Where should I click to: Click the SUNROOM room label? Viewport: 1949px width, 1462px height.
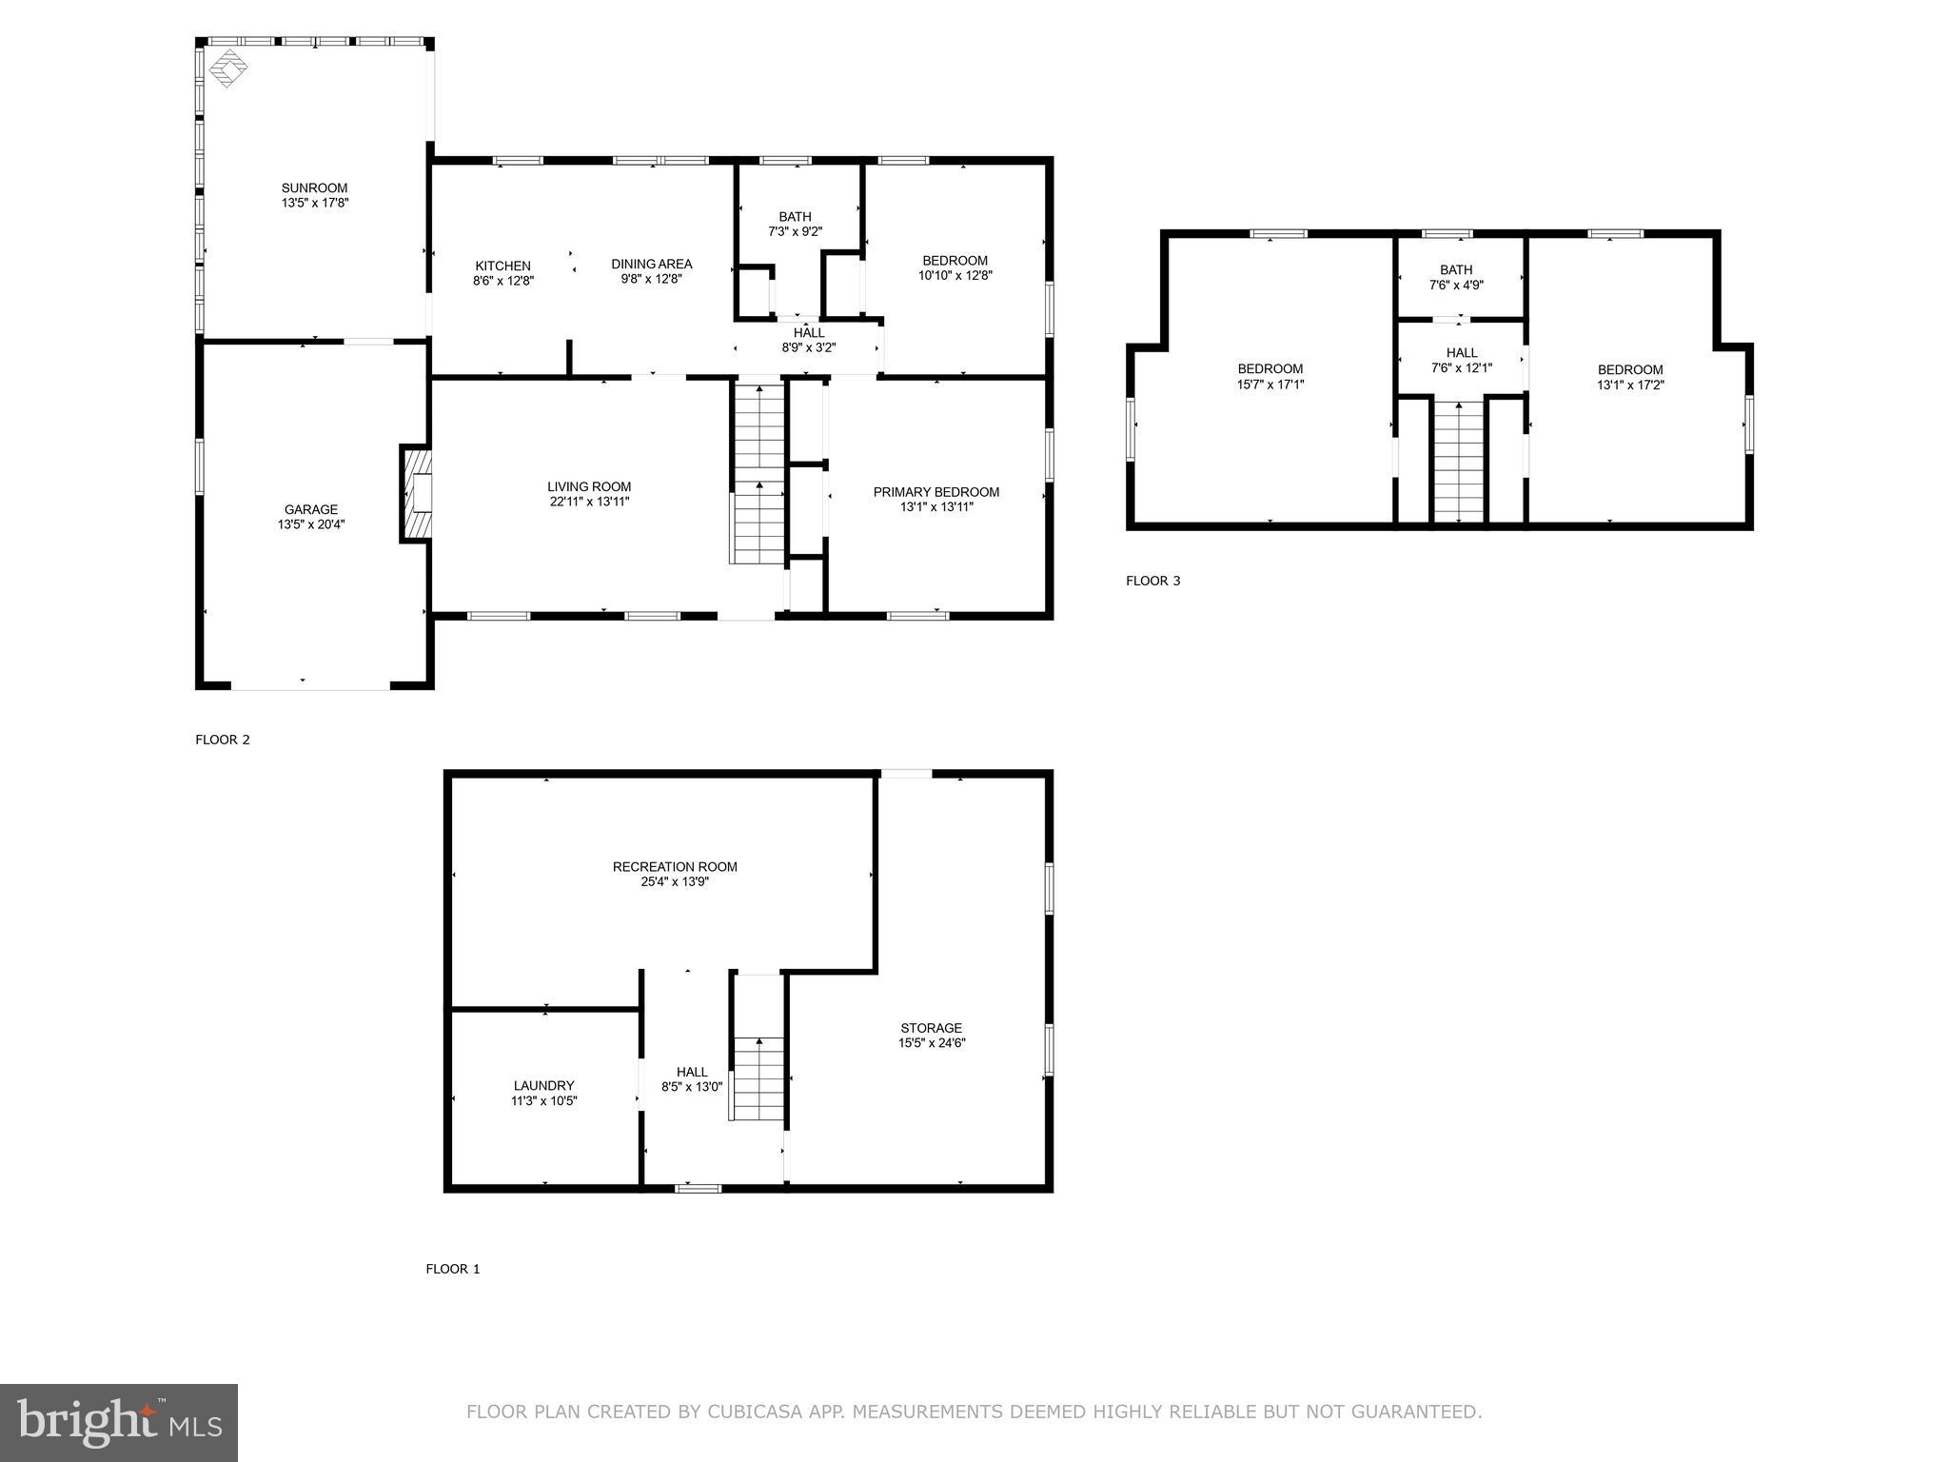click(314, 188)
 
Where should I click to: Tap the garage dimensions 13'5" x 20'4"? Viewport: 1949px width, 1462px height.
click(311, 524)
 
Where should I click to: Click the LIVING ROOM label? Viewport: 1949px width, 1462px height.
click(589, 487)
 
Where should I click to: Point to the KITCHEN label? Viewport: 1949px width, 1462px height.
click(502, 267)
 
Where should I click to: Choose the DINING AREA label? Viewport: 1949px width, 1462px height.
click(651, 265)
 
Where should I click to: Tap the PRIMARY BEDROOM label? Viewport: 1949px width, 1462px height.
click(935, 492)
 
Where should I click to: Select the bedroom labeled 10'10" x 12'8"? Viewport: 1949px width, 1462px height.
click(955, 268)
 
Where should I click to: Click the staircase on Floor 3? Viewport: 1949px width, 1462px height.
click(1459, 462)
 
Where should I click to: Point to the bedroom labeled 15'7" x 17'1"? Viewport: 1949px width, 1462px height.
click(1270, 377)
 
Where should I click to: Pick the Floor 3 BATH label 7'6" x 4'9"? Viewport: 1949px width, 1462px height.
click(1456, 277)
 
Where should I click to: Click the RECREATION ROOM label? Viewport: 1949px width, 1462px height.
click(675, 867)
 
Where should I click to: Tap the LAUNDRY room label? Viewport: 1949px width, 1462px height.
click(543, 1086)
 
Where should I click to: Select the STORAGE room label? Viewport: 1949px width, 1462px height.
click(931, 1028)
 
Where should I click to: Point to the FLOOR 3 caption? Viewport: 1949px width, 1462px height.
click(1152, 581)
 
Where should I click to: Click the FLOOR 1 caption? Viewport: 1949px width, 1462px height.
click(452, 1269)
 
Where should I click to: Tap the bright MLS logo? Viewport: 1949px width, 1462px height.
click(119, 1422)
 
